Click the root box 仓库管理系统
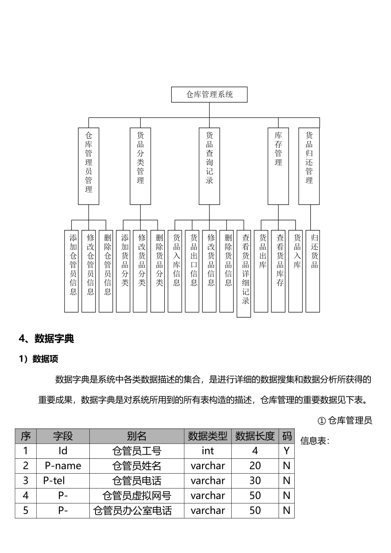209,95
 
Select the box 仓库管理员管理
88,166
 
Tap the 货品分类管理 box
140,166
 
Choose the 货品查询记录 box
209,166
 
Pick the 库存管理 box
278,166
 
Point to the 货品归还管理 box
309,166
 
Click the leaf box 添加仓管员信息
72,271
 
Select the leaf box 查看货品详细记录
244,274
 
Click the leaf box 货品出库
261,271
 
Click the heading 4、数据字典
46,339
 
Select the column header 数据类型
207,436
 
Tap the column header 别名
137,436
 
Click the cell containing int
207,451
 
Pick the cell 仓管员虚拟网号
137,496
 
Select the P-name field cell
63,466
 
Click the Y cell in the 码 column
287,451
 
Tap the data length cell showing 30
255,481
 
